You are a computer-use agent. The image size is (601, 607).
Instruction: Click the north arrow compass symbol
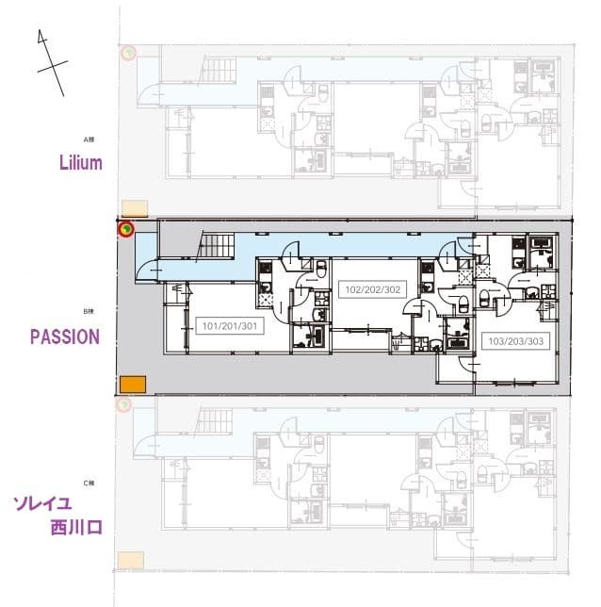click(x=50, y=62)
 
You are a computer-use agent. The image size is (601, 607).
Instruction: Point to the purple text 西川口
click(x=76, y=526)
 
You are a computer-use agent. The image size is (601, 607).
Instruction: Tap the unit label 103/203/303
click(x=512, y=340)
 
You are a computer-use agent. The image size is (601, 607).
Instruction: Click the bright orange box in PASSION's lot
click(x=133, y=385)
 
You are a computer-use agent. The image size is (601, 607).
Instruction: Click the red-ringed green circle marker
click(x=124, y=228)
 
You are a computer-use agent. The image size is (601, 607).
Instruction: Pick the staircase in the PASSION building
click(x=218, y=248)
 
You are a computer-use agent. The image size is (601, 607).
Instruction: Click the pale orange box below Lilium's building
click(x=135, y=208)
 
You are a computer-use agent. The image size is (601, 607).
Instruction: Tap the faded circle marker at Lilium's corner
click(x=124, y=54)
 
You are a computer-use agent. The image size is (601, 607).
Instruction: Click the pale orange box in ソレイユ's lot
click(x=131, y=560)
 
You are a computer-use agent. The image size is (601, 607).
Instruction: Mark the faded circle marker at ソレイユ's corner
click(x=122, y=405)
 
